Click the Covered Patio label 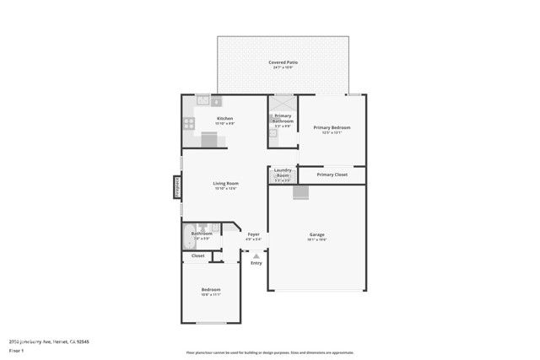coord(283,62)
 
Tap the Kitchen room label coord(224,119)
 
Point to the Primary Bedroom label coord(332,127)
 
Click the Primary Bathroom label coord(283,118)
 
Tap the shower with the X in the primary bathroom coord(282,100)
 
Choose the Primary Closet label coord(332,175)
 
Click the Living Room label coord(224,184)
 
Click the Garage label coord(316,234)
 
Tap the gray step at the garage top coord(300,193)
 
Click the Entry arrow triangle coord(256,253)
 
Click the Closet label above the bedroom coord(197,255)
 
